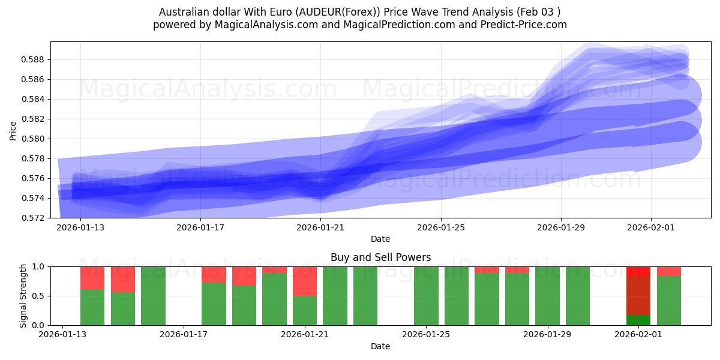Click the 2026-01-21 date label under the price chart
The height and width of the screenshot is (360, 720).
point(320,227)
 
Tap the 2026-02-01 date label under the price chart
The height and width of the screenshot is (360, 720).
point(651,227)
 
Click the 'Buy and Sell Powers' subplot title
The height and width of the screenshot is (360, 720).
point(380,257)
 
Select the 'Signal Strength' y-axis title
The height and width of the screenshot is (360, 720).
point(23,296)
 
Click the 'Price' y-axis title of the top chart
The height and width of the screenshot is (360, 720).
point(13,130)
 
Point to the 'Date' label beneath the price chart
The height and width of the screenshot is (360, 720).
point(380,239)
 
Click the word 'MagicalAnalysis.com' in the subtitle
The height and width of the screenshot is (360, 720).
point(262,25)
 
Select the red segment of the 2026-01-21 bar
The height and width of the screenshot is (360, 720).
point(305,281)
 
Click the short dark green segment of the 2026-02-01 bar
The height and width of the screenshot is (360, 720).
point(638,320)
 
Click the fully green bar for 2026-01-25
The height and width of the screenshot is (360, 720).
point(426,296)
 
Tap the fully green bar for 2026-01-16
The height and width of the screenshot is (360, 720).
point(153,296)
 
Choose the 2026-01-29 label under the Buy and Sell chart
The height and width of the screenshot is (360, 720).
point(548,335)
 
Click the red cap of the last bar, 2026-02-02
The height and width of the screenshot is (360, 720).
point(669,271)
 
